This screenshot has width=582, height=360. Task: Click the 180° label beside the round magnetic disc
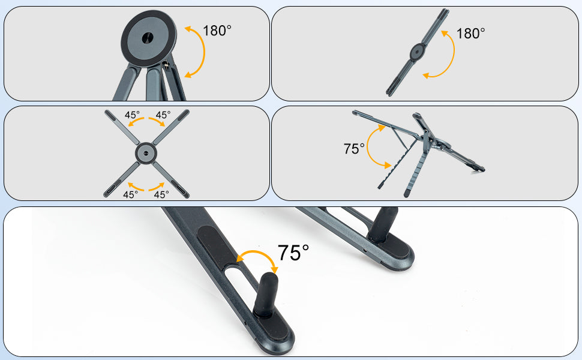[217, 31]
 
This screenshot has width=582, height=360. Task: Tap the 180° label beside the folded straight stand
[470, 34]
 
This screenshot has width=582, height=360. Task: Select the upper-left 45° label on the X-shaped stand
[132, 115]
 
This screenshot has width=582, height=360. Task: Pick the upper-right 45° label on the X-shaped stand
[163, 115]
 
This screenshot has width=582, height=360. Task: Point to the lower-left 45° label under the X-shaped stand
[131, 194]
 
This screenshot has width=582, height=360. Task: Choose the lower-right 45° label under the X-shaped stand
[161, 194]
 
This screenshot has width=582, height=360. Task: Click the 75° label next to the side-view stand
[354, 149]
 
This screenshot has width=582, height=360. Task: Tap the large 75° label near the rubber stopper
[293, 253]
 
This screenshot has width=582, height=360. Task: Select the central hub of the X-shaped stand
[146, 153]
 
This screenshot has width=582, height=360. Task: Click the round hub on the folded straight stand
[418, 52]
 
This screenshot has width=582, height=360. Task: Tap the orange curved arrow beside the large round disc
[204, 52]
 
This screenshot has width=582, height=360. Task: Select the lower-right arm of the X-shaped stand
[171, 179]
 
